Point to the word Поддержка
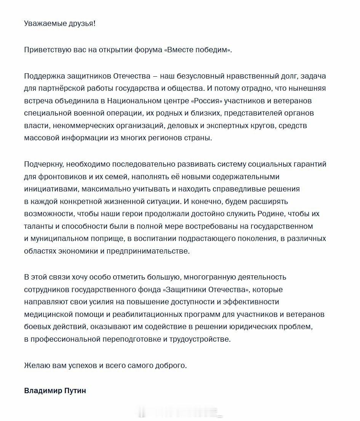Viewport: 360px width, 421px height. click(x=43, y=76)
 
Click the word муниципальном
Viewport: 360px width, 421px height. click(x=61, y=238)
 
